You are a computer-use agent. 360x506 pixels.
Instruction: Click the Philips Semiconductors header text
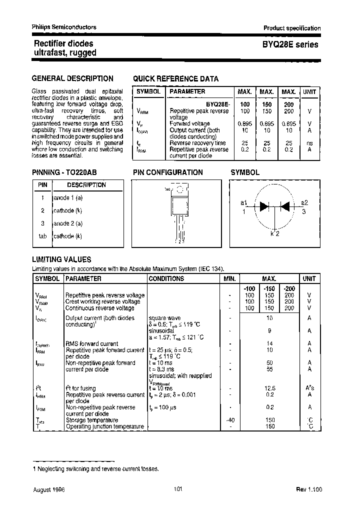tap(64, 27)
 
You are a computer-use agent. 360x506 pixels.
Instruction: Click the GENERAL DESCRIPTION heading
tap(72, 78)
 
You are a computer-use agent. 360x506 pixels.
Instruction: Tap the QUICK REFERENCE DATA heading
tap(175, 78)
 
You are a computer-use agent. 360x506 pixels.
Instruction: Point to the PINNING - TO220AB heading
tap(64, 172)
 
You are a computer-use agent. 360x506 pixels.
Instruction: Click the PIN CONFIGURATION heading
tap(168, 172)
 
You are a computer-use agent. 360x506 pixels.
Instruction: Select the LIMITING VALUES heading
tap(61, 259)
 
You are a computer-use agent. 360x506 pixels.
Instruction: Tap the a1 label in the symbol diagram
tap(244, 202)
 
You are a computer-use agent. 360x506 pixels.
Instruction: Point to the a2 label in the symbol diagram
tap(304, 202)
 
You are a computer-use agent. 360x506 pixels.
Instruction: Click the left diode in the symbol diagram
tap(264, 206)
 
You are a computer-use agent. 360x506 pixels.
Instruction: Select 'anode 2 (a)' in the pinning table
tap(68, 223)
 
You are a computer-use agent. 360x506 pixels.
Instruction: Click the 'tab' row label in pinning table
tap(42, 236)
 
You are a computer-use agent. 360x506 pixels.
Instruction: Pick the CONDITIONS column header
tap(166, 279)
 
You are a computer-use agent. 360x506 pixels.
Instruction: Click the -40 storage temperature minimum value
tap(230, 420)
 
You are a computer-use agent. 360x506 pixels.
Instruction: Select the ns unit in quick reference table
tap(309, 142)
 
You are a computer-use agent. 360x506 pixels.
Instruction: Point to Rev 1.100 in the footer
tap(308, 490)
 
